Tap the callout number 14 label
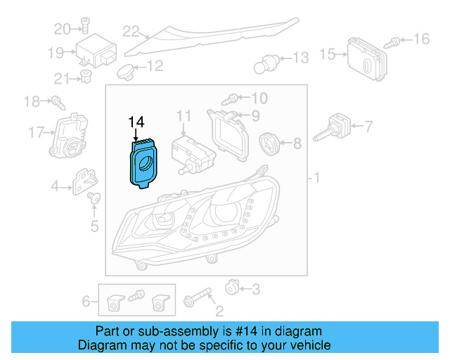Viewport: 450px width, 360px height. pos(136,123)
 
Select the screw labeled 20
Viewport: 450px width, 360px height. pos(83,28)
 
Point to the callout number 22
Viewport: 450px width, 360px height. pos(131,31)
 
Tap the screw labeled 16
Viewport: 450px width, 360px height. pos(397,41)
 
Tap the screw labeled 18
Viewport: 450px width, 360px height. pos(57,103)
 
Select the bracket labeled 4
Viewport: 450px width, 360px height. pos(85,181)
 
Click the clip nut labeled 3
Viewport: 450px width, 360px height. pos(232,287)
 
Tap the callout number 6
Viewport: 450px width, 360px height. pos(86,302)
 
